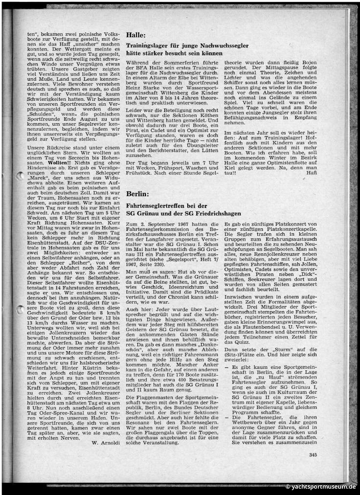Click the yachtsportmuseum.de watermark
pos(321,487)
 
